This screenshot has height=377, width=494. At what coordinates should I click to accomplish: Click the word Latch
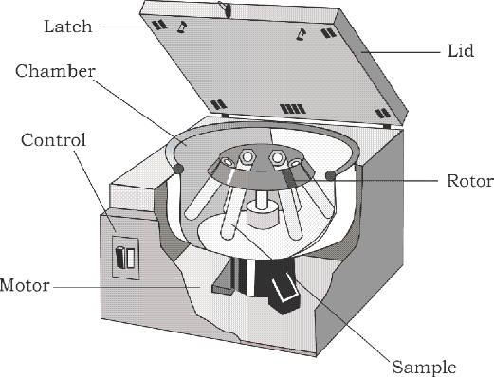point(68,27)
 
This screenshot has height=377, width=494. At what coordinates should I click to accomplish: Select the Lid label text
point(461,50)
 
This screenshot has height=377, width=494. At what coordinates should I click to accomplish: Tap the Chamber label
point(55,71)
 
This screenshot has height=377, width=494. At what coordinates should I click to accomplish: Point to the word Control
point(53,140)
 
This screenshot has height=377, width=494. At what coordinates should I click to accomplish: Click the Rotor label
point(470,181)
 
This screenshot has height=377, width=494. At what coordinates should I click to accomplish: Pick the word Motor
point(25,285)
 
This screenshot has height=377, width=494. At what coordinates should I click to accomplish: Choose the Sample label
point(424,368)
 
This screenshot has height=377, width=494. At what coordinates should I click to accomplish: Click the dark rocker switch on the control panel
point(120,257)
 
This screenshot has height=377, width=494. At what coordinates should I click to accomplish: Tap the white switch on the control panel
point(131,259)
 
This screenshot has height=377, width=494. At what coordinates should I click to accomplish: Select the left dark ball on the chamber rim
point(178,169)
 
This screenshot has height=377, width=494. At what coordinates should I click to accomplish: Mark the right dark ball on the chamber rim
point(330,175)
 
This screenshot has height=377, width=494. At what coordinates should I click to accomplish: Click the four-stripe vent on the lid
point(293,109)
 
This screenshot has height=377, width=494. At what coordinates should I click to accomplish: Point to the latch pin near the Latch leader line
point(182,27)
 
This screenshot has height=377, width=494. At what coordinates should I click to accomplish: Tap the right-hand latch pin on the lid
point(301,34)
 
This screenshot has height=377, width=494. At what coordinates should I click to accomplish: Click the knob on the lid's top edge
point(226,9)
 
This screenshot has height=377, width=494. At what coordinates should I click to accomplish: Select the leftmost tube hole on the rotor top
point(227,162)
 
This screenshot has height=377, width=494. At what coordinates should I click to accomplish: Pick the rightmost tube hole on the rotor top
point(295,164)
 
